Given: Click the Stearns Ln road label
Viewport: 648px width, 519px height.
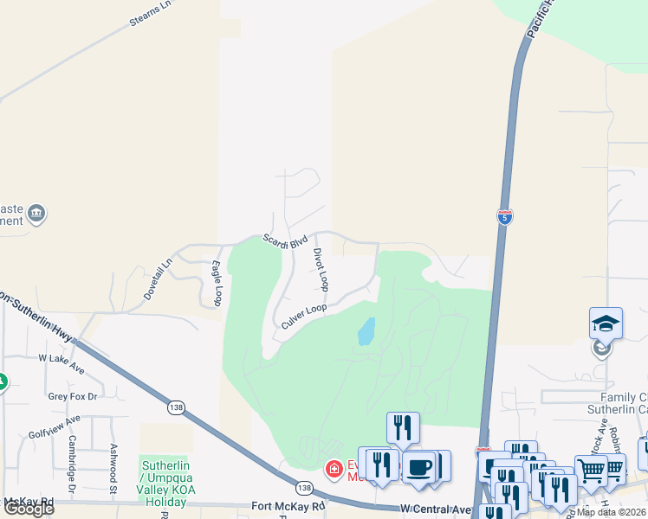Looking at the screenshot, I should [151, 16].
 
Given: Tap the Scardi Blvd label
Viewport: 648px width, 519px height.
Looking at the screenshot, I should [286, 241].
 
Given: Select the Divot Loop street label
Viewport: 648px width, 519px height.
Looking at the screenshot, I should [321, 269].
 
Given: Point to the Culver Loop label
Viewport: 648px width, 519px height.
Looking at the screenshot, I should [304, 316].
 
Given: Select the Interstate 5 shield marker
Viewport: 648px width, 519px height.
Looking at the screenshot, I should [504, 215].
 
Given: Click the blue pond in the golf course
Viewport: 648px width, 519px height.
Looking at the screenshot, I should [366, 331].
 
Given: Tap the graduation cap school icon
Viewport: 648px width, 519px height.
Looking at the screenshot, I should [606, 324].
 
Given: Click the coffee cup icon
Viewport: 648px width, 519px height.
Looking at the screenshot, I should [420, 467].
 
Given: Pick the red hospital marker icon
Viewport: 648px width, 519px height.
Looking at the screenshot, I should [333, 470].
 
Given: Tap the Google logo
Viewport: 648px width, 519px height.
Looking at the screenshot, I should [29, 509].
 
